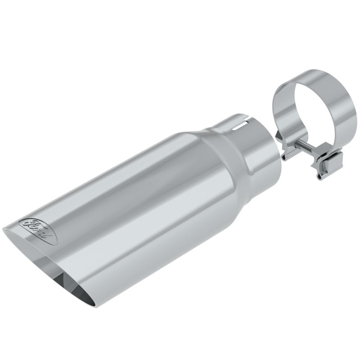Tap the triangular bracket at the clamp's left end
(x=286, y=148)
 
